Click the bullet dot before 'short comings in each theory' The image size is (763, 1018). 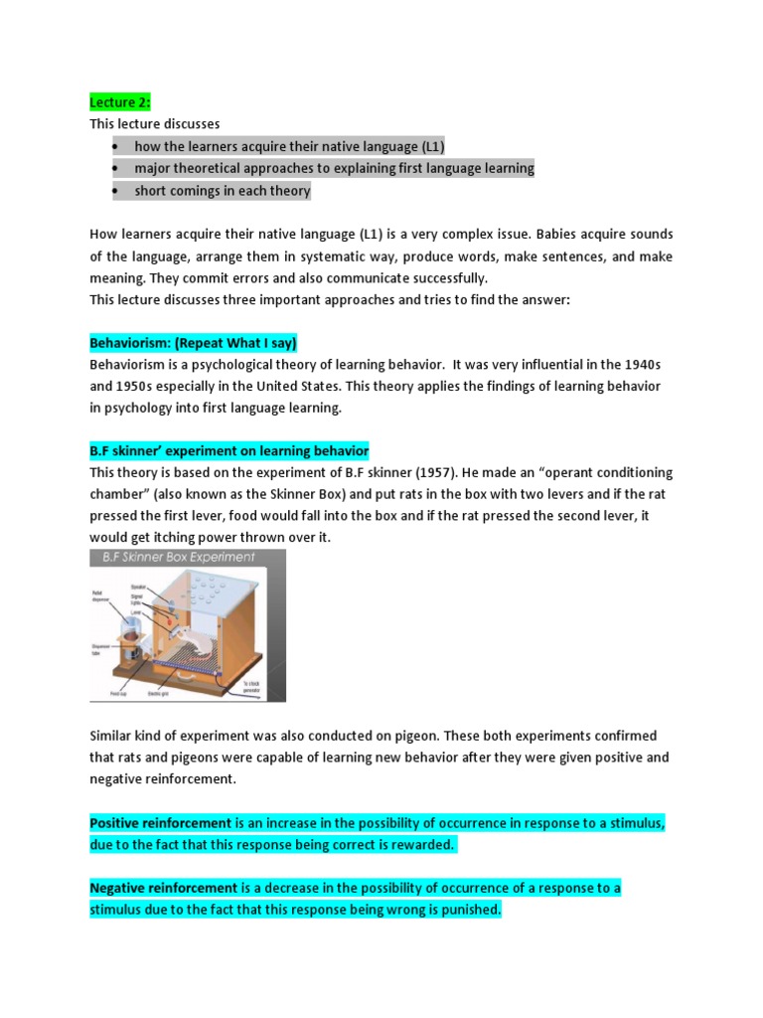point(115,191)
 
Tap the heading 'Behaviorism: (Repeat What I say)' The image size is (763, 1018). point(193,343)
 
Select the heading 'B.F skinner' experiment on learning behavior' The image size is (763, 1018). point(229,450)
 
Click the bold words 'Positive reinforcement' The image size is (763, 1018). point(161,823)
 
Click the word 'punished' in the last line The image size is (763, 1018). point(467,909)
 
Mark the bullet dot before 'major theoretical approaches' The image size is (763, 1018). point(115,169)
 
